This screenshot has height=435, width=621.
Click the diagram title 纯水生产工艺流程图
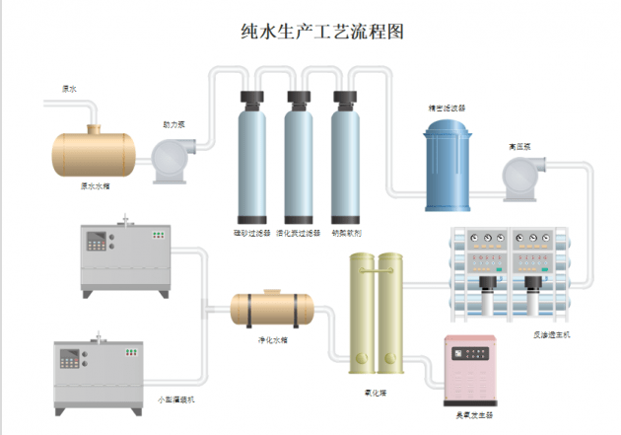click(x=322, y=32)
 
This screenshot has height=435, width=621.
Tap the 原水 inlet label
click(x=69, y=89)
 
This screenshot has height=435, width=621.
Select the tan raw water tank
click(x=94, y=152)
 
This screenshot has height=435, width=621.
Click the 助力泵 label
click(x=173, y=125)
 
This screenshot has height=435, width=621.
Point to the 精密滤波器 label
click(x=448, y=108)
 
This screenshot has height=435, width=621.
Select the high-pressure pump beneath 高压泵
click(x=520, y=178)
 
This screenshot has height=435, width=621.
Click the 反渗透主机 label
click(x=552, y=335)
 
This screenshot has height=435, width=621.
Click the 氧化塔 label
click(x=375, y=391)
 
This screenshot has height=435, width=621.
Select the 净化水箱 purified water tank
click(x=272, y=308)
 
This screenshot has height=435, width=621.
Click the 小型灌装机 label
click(x=178, y=399)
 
